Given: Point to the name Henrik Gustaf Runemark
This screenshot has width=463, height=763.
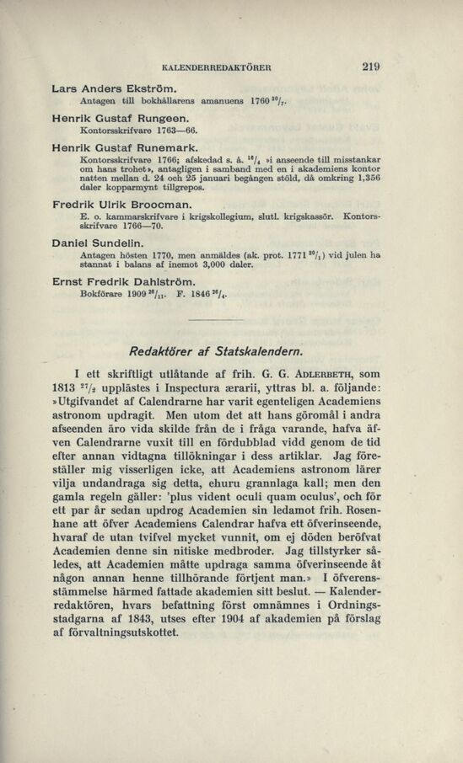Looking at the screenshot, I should [123, 148].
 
